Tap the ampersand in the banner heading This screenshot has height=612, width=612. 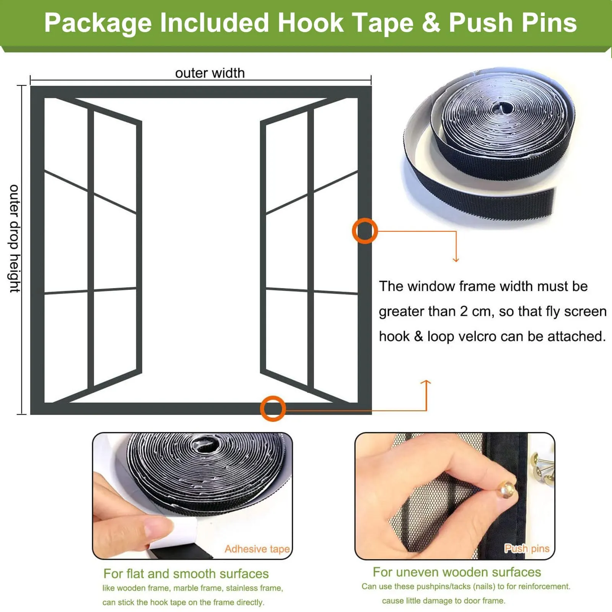click(x=431, y=23)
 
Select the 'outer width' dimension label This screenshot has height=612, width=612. click(x=210, y=73)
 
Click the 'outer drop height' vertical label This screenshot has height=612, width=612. click(x=15, y=239)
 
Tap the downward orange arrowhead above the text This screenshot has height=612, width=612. click(x=456, y=260)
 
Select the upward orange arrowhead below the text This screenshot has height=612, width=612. click(x=426, y=382)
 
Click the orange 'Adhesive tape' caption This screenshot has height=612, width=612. click(x=257, y=549)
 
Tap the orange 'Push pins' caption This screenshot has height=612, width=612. click(x=527, y=549)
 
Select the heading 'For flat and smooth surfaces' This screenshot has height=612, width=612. click(x=186, y=574)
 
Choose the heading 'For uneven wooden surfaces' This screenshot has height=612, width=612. click(x=457, y=572)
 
